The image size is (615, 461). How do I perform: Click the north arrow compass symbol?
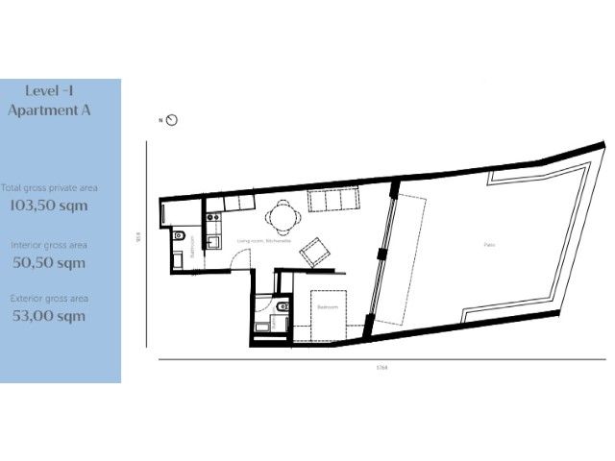(172, 120)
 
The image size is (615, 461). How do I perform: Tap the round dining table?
(283, 216)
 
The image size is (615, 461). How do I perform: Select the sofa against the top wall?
(332, 200)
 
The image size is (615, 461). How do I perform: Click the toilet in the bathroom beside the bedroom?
(276, 307)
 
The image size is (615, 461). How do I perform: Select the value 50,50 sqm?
(48, 262)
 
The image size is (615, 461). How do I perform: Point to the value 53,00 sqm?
(48, 316)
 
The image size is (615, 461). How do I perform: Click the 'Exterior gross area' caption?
(48, 299)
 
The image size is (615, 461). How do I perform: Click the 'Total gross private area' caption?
(49, 188)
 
